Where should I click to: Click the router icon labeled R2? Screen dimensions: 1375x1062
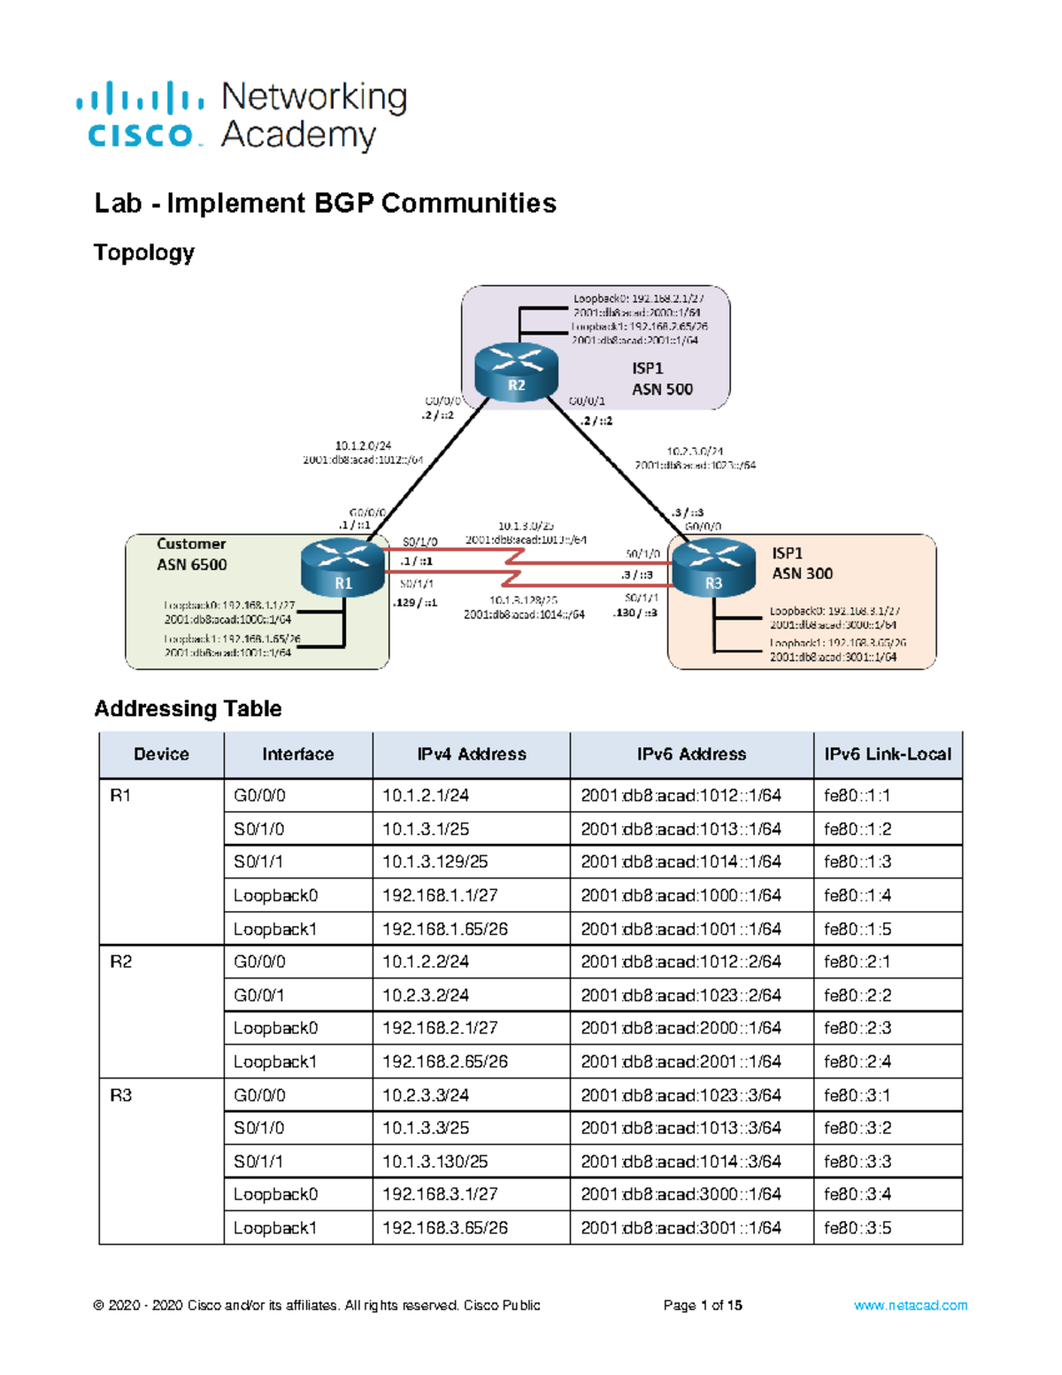516,372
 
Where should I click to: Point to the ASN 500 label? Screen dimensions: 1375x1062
662,390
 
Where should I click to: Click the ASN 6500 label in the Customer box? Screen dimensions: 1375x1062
192,565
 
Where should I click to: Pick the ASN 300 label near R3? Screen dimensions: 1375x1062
802,574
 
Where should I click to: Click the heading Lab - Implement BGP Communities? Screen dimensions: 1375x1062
325,204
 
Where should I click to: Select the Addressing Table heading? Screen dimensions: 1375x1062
188,708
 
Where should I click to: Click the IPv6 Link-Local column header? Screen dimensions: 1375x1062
887,754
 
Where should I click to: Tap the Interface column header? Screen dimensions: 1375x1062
297,754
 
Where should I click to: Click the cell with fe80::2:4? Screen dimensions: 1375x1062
857,1062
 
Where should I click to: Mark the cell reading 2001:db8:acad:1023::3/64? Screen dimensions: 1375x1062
681,1095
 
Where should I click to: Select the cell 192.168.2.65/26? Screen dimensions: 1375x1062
444,1062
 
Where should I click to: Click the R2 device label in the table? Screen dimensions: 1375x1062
121,962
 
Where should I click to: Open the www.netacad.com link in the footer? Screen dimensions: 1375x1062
910,1305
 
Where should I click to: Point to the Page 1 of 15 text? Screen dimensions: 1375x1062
703,1305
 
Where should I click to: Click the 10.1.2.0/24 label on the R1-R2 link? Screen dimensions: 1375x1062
363,446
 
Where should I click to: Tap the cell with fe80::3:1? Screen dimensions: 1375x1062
857,1095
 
